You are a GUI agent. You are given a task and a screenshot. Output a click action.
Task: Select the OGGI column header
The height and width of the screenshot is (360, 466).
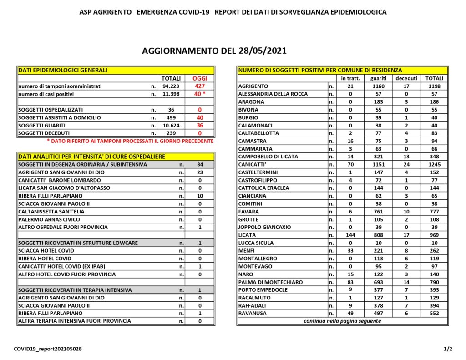[199, 78]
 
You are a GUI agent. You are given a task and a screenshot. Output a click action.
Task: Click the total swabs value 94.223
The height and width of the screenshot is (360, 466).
[171, 86]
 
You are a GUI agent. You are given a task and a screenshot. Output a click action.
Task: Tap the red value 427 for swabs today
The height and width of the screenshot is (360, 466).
[199, 86]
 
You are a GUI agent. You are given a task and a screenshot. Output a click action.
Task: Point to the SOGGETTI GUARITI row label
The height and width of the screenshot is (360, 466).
[42, 125]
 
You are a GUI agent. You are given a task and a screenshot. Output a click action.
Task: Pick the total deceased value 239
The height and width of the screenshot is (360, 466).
[171, 133]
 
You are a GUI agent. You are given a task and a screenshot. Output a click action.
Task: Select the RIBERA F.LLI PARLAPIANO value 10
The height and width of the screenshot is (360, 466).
[199, 196]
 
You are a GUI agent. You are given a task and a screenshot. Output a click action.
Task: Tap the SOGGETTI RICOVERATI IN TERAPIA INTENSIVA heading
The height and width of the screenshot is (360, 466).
[75, 290]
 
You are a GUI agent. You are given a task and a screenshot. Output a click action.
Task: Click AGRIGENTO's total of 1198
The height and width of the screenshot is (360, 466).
[434, 86]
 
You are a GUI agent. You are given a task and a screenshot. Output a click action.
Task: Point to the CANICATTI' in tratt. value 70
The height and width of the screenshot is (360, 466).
[350, 164]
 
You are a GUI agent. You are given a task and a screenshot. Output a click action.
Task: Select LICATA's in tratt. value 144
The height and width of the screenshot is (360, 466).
[350, 235]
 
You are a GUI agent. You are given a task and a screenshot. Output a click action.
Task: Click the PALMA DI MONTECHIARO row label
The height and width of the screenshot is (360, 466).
[270, 282]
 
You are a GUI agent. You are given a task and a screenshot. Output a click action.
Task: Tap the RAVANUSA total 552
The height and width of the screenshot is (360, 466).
[434, 314]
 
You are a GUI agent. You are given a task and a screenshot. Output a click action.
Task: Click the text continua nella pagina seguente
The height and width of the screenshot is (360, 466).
[342, 321]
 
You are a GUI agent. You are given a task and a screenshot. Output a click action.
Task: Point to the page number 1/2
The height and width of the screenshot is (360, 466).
[448, 349]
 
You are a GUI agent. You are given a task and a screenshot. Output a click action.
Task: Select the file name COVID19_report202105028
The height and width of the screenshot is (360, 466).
[48, 349]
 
